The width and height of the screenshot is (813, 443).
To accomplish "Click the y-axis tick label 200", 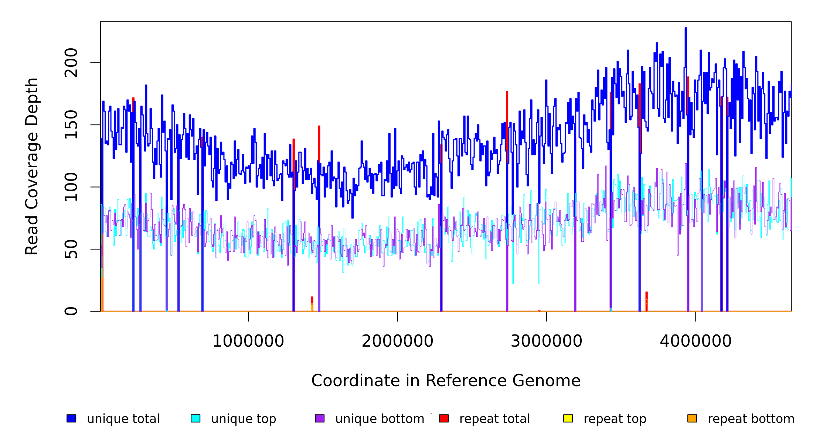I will pyautogui.click(x=71, y=63).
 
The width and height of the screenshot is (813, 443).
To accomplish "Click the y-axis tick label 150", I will pyautogui.click(x=71, y=125).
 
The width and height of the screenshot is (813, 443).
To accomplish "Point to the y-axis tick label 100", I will pyautogui.click(x=71, y=187).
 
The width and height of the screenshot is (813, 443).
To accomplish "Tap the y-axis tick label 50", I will pyautogui.click(x=71, y=249).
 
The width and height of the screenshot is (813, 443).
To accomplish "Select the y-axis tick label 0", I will pyautogui.click(x=71, y=311).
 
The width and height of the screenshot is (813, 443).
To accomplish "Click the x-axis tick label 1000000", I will pyautogui.click(x=248, y=341).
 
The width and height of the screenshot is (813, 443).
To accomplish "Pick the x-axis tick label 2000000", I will pyautogui.click(x=398, y=341).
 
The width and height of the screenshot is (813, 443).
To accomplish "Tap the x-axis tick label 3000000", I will pyautogui.click(x=547, y=341).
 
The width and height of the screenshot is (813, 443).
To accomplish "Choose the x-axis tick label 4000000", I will pyautogui.click(x=696, y=341).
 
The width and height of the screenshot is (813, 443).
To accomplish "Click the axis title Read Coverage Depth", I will pyautogui.click(x=32, y=166).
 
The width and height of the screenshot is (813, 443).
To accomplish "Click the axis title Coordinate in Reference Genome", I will pyautogui.click(x=446, y=381).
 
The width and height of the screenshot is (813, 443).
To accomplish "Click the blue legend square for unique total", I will pyautogui.click(x=71, y=418).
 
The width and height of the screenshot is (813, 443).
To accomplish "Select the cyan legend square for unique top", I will pyautogui.click(x=195, y=418).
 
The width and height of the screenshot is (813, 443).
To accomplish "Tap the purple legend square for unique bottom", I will pyautogui.click(x=320, y=418).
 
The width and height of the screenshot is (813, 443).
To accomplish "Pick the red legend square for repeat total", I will pyautogui.click(x=444, y=418).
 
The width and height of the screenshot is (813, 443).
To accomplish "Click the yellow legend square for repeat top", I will pyautogui.click(x=568, y=418).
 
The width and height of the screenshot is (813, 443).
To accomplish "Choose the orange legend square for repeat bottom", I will pyautogui.click(x=692, y=418).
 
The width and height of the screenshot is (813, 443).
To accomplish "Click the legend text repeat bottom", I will pyautogui.click(x=751, y=419).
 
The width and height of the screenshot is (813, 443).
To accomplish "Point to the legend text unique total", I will pyautogui.click(x=123, y=419).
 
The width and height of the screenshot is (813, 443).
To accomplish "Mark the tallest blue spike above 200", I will pyautogui.click(x=686, y=29).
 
